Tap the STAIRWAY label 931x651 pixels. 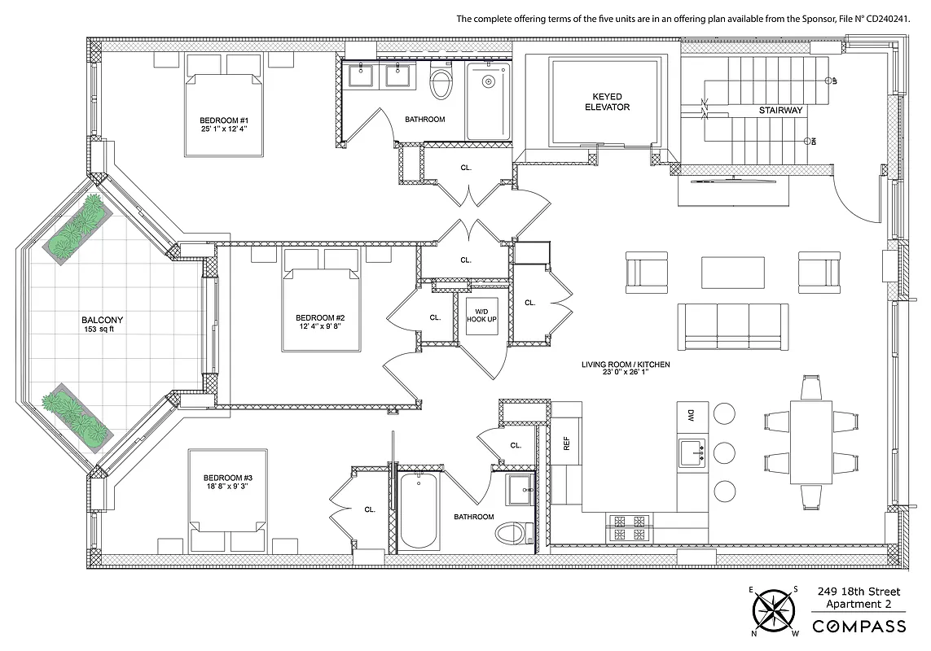780,110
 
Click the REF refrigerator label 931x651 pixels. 567,444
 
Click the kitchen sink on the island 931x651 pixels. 692,450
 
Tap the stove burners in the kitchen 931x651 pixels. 628,526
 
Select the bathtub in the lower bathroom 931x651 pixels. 419,512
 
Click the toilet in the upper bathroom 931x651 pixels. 441,82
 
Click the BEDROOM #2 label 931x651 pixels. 320,317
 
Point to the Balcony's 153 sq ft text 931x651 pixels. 103,330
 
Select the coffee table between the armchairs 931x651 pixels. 733,272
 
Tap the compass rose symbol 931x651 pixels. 774,610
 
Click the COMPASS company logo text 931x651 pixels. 861,626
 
